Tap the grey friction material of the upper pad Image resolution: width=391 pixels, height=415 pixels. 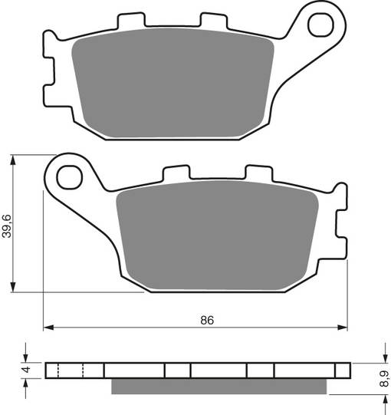pyautogui.click(x=175, y=87)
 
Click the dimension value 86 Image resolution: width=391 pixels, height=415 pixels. pyautogui.click(x=206, y=320)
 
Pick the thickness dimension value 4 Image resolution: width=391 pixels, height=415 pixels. pyautogui.click(x=25, y=371)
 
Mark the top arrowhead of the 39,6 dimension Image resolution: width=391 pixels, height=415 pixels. pyautogui.click(x=14, y=159)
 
